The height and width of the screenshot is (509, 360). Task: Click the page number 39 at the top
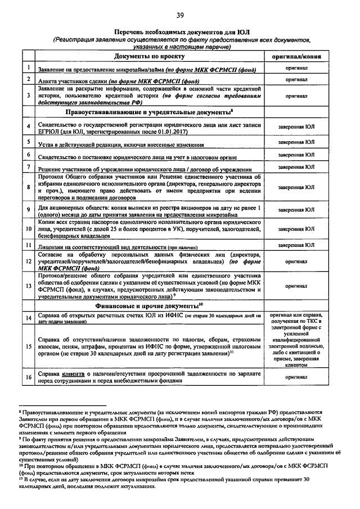pos(179,15)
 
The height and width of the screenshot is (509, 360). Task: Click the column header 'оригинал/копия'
pos(296,57)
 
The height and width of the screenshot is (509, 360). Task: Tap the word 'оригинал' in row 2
pos(296,80)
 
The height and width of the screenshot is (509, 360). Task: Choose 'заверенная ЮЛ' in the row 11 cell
pos(296,245)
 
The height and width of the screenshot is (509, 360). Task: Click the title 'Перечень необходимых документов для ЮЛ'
pos(179,33)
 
